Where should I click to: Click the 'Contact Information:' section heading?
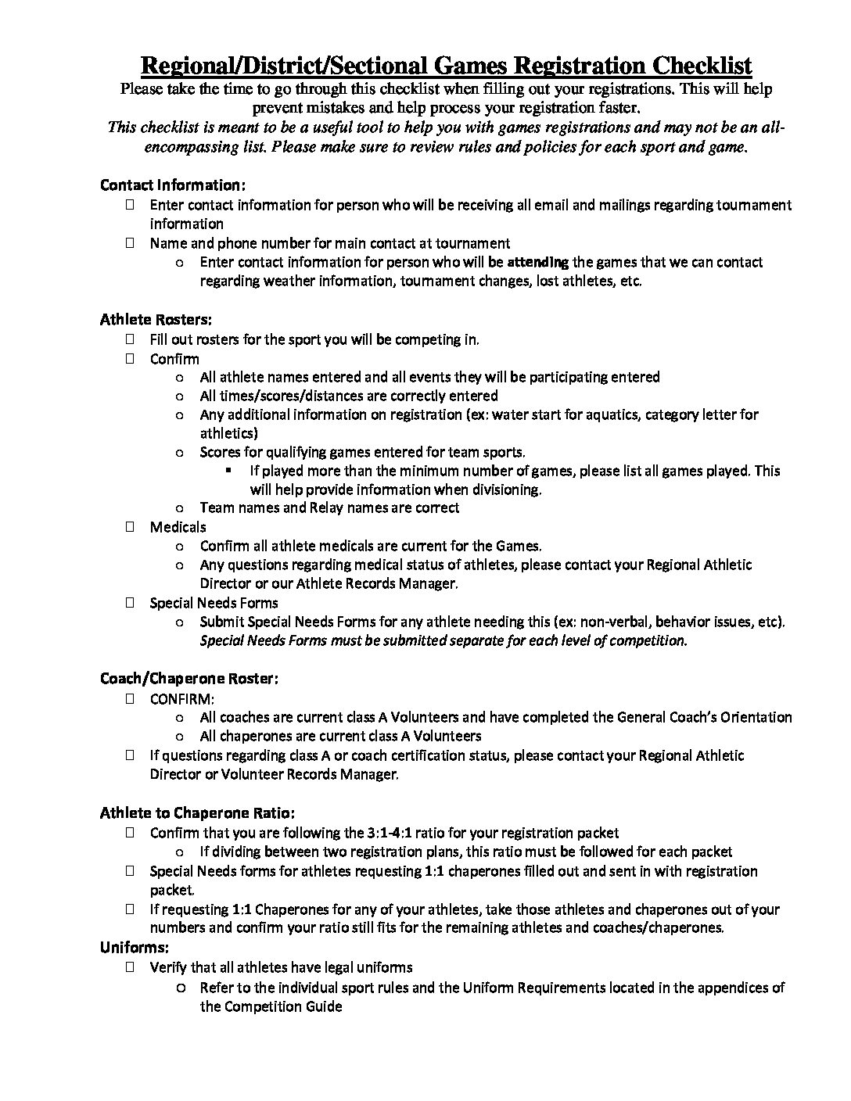(173, 185)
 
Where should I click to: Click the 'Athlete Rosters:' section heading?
(156, 320)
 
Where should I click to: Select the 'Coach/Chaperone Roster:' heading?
(189, 678)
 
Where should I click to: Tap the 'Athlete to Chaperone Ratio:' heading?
(197, 813)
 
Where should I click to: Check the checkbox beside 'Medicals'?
(129, 527)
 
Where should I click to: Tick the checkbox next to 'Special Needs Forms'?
(129, 603)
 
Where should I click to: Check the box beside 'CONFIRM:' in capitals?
(129, 698)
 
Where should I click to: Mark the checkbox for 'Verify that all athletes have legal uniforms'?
(129, 967)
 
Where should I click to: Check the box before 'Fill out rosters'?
(129, 339)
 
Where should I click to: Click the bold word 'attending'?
(538, 262)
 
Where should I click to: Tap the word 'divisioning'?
(502, 490)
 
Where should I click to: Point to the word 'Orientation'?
(752, 717)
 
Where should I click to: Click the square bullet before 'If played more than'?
(229, 471)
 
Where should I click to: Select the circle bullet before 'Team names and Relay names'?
(180, 508)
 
